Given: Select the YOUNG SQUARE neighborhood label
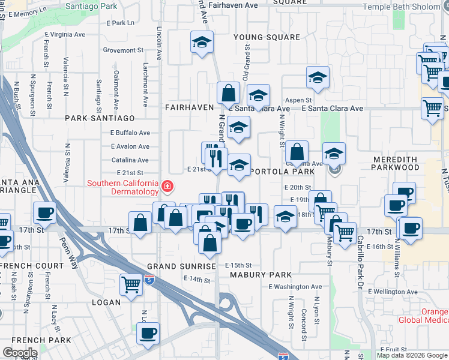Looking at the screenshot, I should point(267,37).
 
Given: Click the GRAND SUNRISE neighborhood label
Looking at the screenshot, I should point(181,266).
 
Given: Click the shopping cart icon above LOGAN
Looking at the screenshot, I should point(131,284).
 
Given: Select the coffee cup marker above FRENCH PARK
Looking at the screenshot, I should point(147,333).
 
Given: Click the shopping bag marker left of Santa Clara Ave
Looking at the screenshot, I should point(228,93).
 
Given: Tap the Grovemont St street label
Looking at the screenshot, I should point(124,50).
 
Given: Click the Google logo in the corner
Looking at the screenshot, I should point(20,353).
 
